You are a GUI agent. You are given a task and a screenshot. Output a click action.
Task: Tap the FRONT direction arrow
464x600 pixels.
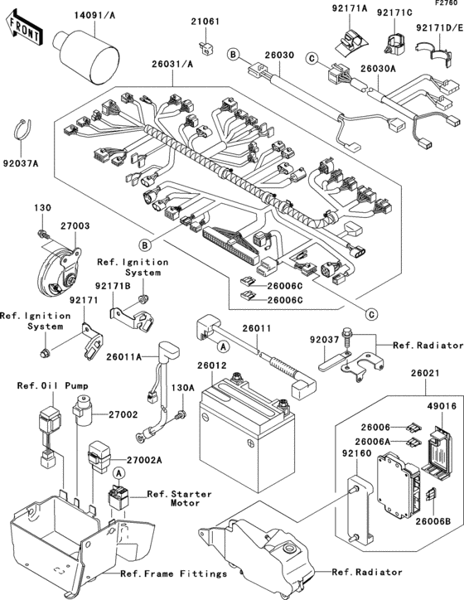coord(25,31)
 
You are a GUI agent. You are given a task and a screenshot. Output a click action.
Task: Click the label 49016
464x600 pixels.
coord(439,405)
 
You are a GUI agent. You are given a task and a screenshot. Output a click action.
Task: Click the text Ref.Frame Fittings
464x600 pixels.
coord(173,573)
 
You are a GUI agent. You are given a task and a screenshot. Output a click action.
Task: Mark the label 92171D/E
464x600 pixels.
coord(438,27)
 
